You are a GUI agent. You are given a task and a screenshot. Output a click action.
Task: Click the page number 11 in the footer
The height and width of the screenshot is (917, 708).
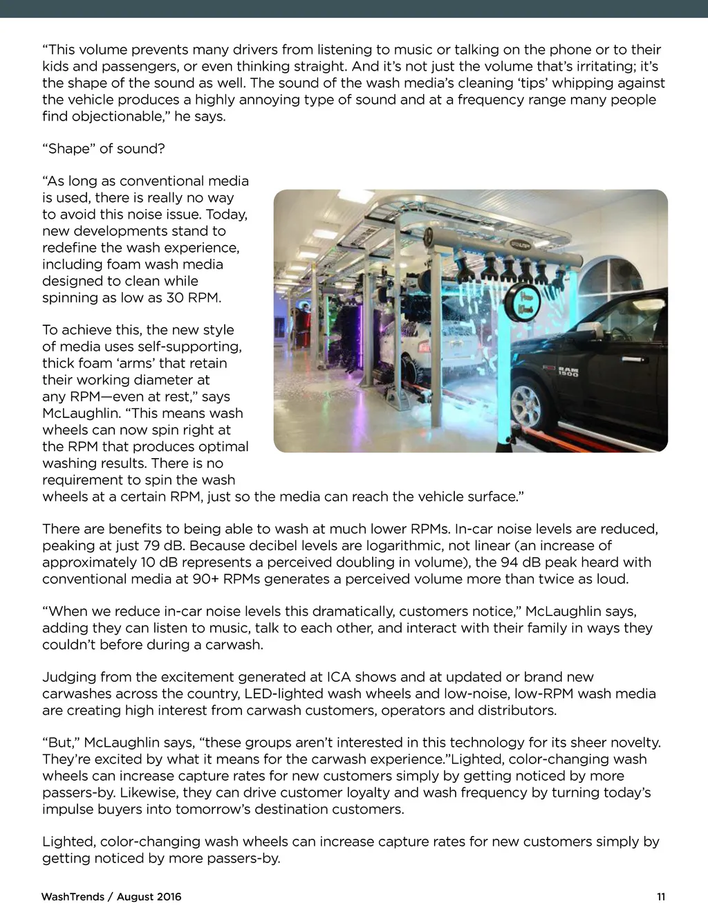(x=661, y=897)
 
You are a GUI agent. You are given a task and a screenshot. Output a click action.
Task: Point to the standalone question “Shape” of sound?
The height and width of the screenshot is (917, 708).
(x=104, y=149)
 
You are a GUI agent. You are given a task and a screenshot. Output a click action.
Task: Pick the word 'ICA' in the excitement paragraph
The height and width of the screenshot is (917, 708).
(x=339, y=677)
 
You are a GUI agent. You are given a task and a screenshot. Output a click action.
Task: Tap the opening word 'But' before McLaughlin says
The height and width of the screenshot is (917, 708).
(x=59, y=743)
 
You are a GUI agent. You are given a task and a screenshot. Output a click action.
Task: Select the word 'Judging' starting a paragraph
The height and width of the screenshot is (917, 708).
(x=68, y=677)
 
